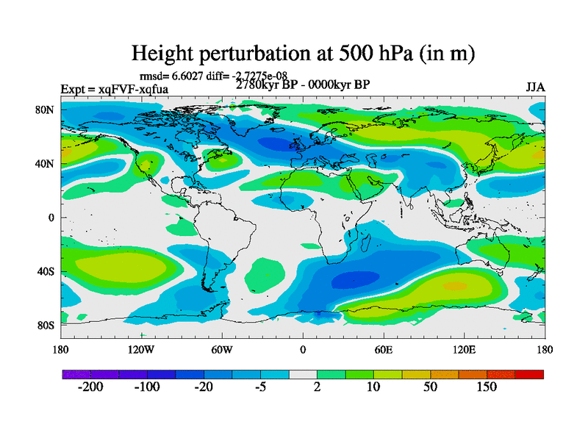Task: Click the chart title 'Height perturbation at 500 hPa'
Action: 302,53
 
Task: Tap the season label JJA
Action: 535,87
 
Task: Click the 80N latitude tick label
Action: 46,110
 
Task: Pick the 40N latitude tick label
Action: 46,163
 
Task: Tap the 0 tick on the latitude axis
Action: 51,218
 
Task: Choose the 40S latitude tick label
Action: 46,271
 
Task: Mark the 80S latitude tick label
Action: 46,325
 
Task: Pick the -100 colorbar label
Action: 147,387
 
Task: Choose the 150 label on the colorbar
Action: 487,387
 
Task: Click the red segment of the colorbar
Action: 529,374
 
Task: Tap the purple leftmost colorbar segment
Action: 76,374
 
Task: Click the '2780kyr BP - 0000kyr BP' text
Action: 303,85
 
